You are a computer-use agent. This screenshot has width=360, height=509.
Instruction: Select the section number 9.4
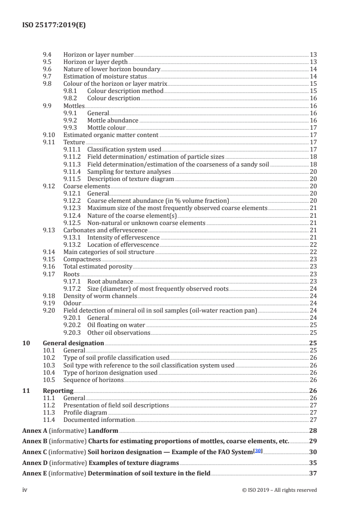click(x=46, y=54)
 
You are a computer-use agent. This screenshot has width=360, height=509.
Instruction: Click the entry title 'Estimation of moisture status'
click(x=105, y=76)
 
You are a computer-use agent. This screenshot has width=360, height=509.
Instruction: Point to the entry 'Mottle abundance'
click(x=113, y=120)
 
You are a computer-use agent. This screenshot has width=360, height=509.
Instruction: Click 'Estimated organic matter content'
click(x=111, y=135)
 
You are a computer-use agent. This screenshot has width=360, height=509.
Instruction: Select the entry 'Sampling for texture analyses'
click(x=129, y=171)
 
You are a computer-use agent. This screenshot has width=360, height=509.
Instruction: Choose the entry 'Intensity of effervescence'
click(x=123, y=237)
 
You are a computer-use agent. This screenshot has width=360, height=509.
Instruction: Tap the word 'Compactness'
click(x=82, y=259)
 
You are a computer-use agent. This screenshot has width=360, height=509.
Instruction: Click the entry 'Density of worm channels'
click(x=100, y=296)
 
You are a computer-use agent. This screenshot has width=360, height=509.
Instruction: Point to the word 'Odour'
click(x=72, y=303)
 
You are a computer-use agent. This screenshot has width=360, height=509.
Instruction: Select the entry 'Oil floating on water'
click(x=116, y=325)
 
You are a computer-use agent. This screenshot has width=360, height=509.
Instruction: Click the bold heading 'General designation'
click(x=73, y=343)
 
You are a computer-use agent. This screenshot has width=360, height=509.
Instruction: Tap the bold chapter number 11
click(x=26, y=391)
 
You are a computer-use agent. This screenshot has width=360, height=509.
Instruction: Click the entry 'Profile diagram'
click(x=85, y=412)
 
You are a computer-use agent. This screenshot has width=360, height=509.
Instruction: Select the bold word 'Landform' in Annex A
click(x=103, y=431)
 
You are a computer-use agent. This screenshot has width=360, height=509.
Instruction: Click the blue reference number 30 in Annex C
click(x=259, y=451)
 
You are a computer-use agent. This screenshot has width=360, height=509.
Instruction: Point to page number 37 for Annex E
click(x=313, y=473)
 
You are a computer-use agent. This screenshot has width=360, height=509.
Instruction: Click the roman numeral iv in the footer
click(x=25, y=490)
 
